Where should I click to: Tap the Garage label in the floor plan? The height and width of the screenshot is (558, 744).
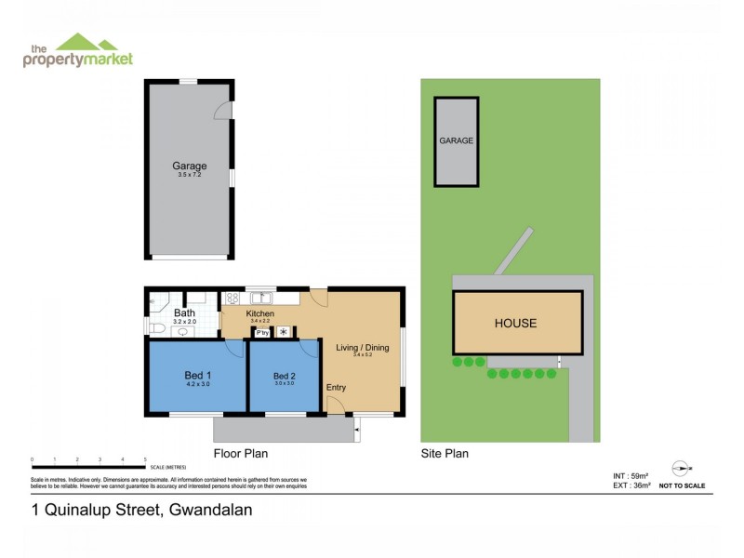tap(188, 166)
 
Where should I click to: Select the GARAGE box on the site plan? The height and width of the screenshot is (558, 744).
tap(457, 140)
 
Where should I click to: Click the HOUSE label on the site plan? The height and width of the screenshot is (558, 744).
tap(515, 324)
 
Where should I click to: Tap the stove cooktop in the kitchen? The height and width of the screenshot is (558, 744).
tap(232, 299)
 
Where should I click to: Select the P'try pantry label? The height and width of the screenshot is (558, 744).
tap(262, 332)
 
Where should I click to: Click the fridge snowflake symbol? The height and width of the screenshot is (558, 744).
tap(284, 332)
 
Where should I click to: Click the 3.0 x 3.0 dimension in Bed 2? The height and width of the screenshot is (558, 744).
tap(284, 383)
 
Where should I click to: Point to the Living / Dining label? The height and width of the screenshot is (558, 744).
tap(362, 348)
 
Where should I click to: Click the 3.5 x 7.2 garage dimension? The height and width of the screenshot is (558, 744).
tap(188, 175)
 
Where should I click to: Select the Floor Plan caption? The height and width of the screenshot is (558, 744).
tap(241, 454)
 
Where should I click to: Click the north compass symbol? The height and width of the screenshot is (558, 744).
tap(681, 470)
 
